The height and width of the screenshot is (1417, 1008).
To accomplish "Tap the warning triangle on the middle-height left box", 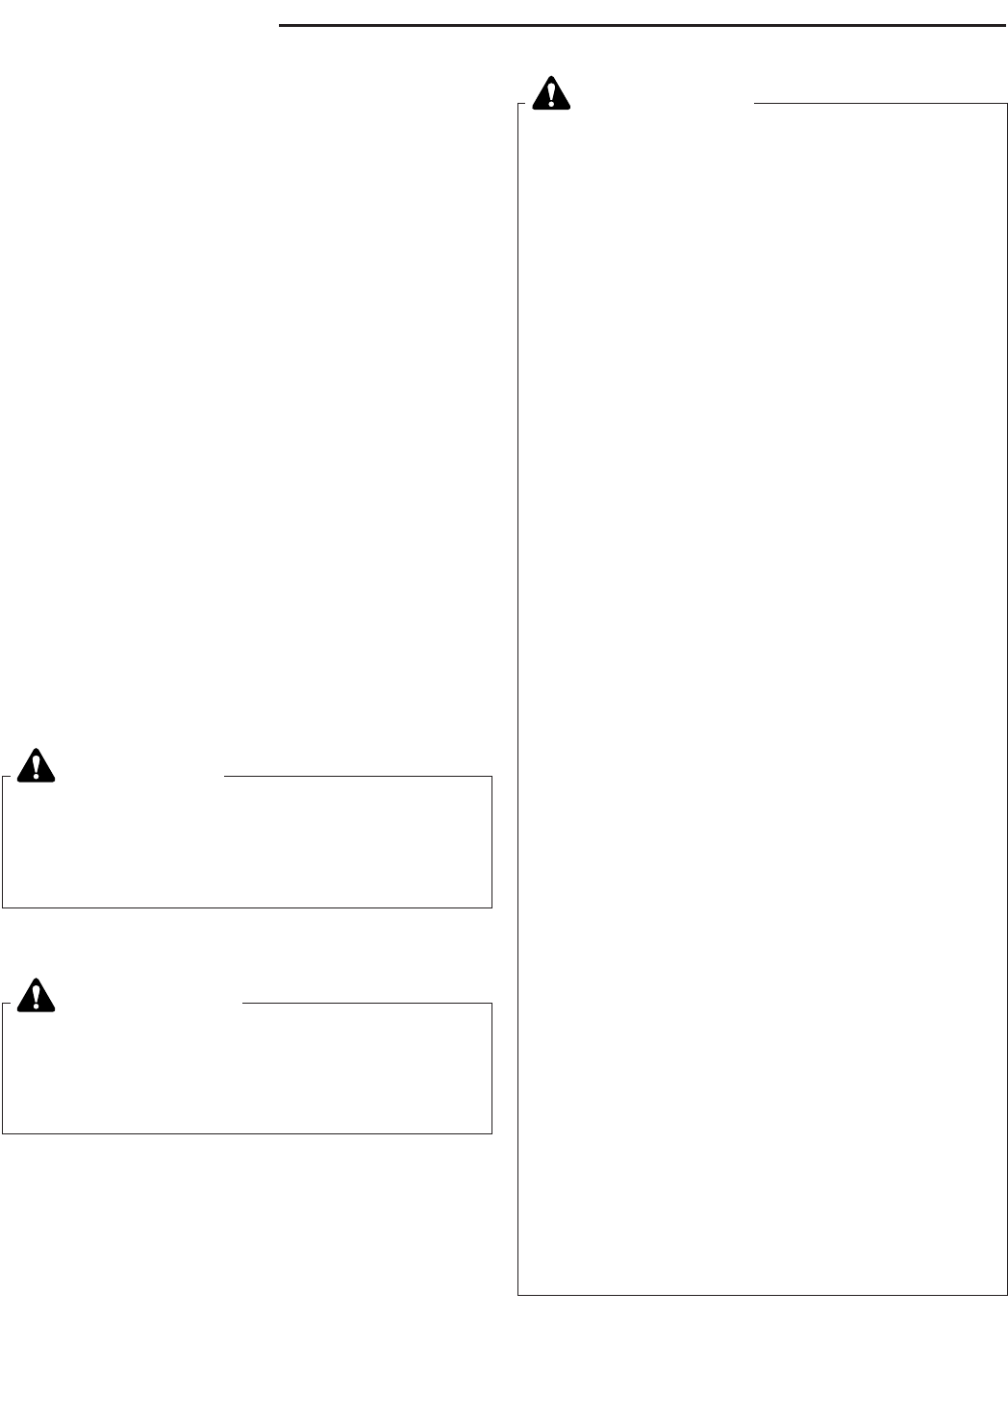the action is click(x=37, y=765).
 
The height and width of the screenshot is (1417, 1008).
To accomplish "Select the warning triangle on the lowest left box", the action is click(x=37, y=996).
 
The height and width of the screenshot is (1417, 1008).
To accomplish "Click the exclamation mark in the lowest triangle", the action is click(x=37, y=997).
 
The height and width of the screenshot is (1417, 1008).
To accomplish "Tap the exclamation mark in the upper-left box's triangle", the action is click(x=37, y=766).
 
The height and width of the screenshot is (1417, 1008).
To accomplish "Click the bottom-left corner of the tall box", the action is click(x=518, y=1295).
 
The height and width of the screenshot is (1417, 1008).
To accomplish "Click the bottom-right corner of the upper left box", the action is click(x=491, y=907).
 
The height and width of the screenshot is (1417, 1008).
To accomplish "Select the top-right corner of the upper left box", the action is click(x=491, y=777).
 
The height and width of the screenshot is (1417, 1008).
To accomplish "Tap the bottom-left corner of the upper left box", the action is click(x=3, y=907).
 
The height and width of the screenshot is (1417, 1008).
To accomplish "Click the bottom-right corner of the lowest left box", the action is click(x=491, y=1132).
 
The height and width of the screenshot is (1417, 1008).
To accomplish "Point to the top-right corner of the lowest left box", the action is click(x=491, y=1004).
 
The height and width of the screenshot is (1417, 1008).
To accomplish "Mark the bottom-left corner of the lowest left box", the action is click(x=3, y=1132).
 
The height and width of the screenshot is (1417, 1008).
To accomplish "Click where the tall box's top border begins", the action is click(x=755, y=104).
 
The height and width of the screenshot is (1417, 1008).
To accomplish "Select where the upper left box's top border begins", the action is click(x=223, y=777).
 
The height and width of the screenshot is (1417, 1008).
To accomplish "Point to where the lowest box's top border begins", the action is click(x=242, y=1004).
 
